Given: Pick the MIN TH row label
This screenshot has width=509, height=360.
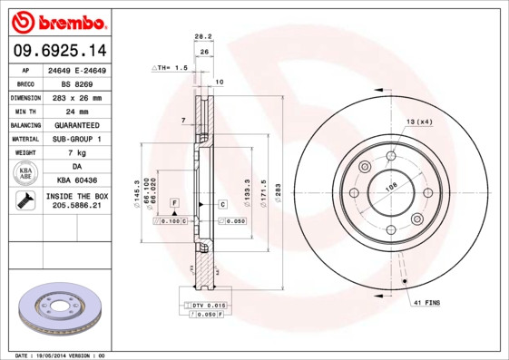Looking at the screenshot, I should (24, 111).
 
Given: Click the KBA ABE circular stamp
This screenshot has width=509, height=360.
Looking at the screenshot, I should (24, 174).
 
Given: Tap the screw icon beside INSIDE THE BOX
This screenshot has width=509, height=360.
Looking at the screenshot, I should (24, 200).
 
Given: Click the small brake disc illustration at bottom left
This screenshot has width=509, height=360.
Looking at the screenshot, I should (57, 309).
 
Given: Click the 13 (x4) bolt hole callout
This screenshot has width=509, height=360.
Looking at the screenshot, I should (418, 122).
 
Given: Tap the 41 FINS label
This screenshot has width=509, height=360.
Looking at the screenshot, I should (426, 300).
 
